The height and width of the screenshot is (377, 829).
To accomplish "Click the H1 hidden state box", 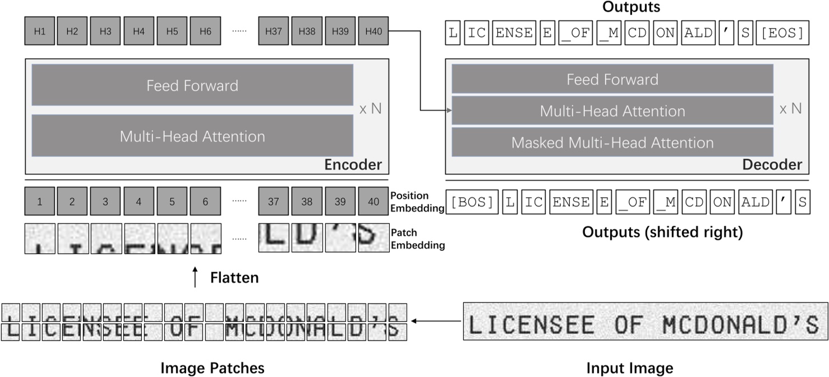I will (x=39, y=31).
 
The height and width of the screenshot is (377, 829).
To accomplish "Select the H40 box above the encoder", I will (x=373, y=31).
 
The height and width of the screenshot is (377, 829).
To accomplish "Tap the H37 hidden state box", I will (x=273, y=31).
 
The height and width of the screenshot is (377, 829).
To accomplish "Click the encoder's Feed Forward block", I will (x=192, y=85).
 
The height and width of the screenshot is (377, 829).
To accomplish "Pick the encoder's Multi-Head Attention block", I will (x=192, y=136).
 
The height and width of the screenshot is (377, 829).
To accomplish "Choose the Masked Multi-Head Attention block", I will (x=612, y=142).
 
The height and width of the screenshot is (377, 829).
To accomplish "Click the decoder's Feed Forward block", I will (x=612, y=79).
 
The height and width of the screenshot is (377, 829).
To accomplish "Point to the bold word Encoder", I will (x=353, y=165).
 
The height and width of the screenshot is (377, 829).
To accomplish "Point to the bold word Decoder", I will (x=772, y=165).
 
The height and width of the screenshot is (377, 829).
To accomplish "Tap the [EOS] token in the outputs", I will (x=782, y=32).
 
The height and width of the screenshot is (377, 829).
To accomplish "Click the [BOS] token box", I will (x=472, y=202).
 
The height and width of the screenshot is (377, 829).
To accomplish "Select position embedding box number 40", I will (x=373, y=202).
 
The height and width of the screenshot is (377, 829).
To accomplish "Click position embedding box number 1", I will (x=39, y=202).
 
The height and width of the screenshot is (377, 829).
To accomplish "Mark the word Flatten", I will (x=234, y=277).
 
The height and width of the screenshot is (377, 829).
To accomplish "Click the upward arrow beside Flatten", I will (x=195, y=277).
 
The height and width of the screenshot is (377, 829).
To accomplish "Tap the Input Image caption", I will (x=629, y=368).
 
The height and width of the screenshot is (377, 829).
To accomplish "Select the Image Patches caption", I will (x=212, y=368).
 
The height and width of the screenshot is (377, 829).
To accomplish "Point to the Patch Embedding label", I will (x=418, y=239).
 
